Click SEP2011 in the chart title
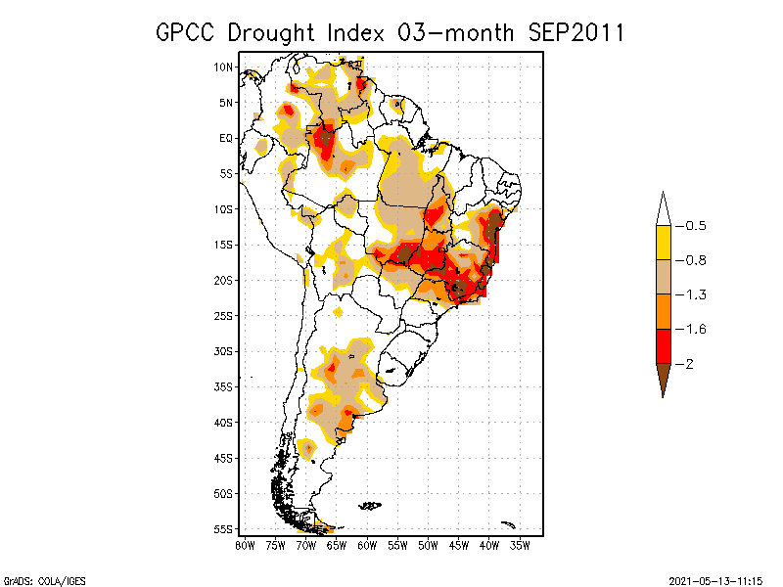coord(575,32)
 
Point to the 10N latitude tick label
coord(223,67)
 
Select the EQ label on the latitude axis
coord(226,138)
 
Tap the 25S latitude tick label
coord(223,315)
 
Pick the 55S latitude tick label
coord(223,528)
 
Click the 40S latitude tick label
coord(223,422)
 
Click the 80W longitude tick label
coord(245,544)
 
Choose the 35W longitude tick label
coord(521,544)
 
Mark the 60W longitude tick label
coord(367,544)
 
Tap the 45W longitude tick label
coord(459,544)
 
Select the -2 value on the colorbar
coord(688,364)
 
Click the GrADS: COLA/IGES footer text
coord(32,579)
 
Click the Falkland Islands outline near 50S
coord(369,505)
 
